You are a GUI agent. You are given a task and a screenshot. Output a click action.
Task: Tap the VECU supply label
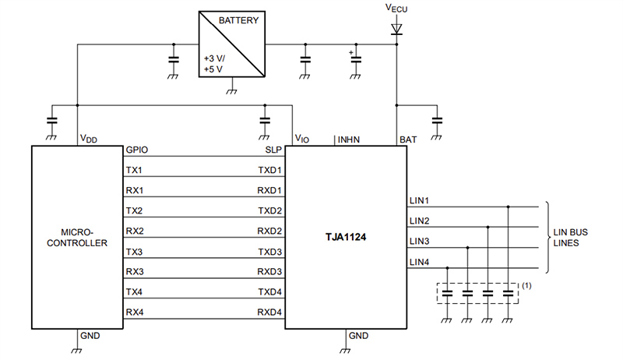tap(396, 9)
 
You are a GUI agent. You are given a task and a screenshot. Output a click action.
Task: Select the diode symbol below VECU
tap(396, 30)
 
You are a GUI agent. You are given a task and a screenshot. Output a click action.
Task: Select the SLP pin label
tap(273, 150)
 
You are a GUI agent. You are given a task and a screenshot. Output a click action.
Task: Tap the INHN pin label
tap(347, 140)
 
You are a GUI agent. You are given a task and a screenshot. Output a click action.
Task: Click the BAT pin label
tap(407, 140)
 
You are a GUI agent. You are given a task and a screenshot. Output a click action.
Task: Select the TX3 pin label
tap(133, 252)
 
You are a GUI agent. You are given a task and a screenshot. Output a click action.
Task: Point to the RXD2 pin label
tap(269, 231)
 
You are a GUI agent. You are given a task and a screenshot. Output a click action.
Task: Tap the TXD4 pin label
tap(269, 292)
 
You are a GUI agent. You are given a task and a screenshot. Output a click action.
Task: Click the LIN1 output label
tap(419, 201)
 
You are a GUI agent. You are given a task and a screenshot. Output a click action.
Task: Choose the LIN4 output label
tap(419, 262)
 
